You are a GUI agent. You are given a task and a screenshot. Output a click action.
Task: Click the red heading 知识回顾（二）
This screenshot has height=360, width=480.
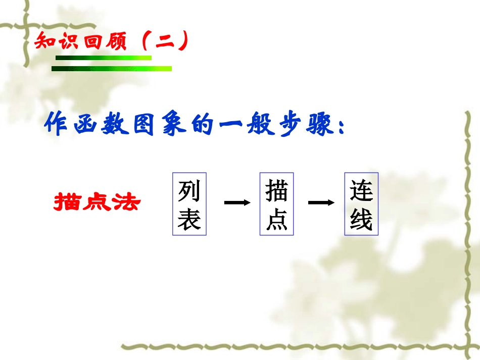coord(111,41)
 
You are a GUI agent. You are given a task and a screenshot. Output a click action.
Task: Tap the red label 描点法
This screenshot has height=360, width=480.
coord(97,202)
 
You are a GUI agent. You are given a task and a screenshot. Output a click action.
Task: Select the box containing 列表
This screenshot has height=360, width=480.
coord(189,204)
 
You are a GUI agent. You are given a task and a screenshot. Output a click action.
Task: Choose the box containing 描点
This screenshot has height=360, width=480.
coord(276,204)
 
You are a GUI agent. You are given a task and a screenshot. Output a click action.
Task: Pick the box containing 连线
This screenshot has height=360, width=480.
coord(361,204)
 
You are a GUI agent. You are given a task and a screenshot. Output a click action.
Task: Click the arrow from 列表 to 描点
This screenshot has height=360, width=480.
coord(237,203)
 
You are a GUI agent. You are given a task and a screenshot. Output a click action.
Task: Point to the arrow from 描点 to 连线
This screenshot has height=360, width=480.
coord(321,203)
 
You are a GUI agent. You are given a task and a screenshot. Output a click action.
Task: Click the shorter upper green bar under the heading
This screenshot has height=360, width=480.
coord(103,58)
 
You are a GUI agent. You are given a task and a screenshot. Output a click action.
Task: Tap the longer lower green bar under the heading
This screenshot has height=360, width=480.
coord(112,69)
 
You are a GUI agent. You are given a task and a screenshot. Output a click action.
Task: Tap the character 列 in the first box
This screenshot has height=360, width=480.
coord(189,191)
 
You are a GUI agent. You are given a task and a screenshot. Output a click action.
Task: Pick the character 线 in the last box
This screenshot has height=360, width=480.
coord(361,220)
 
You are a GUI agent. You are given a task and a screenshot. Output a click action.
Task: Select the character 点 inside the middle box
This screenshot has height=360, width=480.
coord(276,220)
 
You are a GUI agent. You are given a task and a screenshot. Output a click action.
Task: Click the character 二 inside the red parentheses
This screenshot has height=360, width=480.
coord(164,41)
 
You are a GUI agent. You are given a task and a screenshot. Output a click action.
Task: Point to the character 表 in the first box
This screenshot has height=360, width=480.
coord(189,220)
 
